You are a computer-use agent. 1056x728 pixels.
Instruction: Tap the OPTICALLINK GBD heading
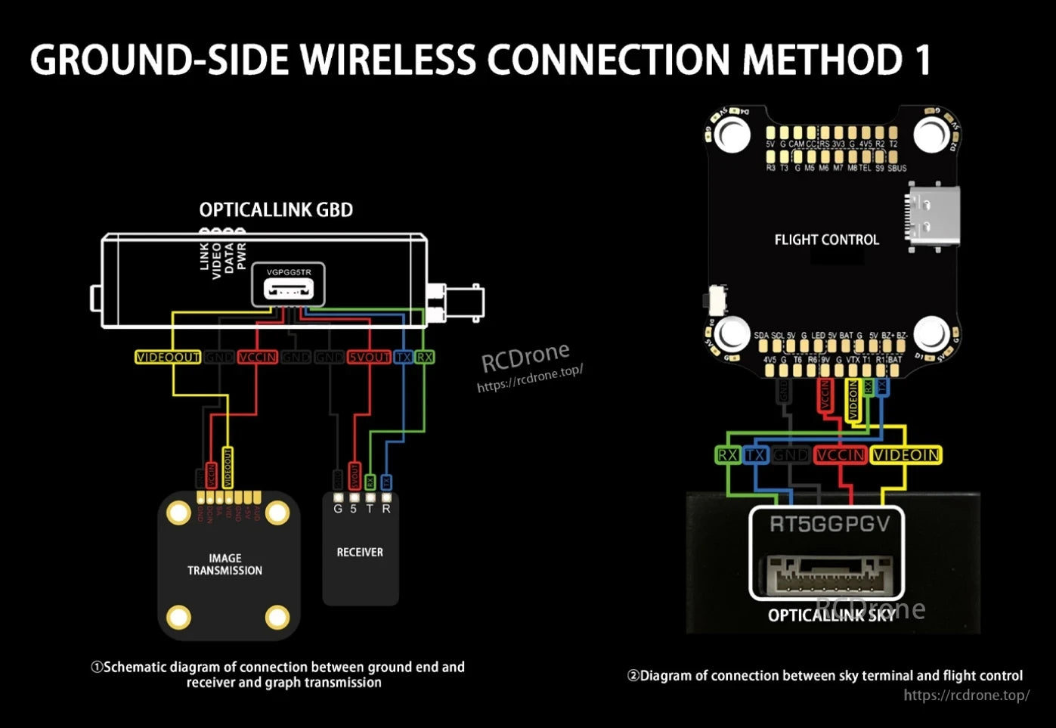(276, 210)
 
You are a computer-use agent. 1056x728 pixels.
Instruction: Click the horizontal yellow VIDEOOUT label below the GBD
(168, 357)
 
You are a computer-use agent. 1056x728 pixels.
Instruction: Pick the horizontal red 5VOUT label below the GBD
(369, 357)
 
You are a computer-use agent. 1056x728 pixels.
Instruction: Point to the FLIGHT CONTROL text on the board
(826, 240)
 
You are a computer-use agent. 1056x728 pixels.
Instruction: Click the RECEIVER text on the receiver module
(360, 553)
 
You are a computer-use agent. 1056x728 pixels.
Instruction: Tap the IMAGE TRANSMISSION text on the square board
(225, 565)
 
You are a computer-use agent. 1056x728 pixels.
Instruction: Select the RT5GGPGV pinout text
(829, 524)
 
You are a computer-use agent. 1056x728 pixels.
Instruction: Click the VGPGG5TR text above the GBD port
(289, 272)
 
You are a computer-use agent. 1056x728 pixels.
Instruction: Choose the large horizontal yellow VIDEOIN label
(906, 455)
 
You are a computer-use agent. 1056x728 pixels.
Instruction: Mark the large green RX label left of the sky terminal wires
(727, 455)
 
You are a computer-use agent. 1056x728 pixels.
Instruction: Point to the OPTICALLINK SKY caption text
(831, 615)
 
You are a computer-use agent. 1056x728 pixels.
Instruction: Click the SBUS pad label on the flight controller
(897, 168)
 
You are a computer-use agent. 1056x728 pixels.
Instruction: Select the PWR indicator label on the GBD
(241, 256)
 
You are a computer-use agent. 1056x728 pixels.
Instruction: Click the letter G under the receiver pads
(338, 510)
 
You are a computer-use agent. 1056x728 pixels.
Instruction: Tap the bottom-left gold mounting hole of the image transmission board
(178, 618)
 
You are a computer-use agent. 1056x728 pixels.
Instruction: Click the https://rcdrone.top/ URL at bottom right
(966, 695)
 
